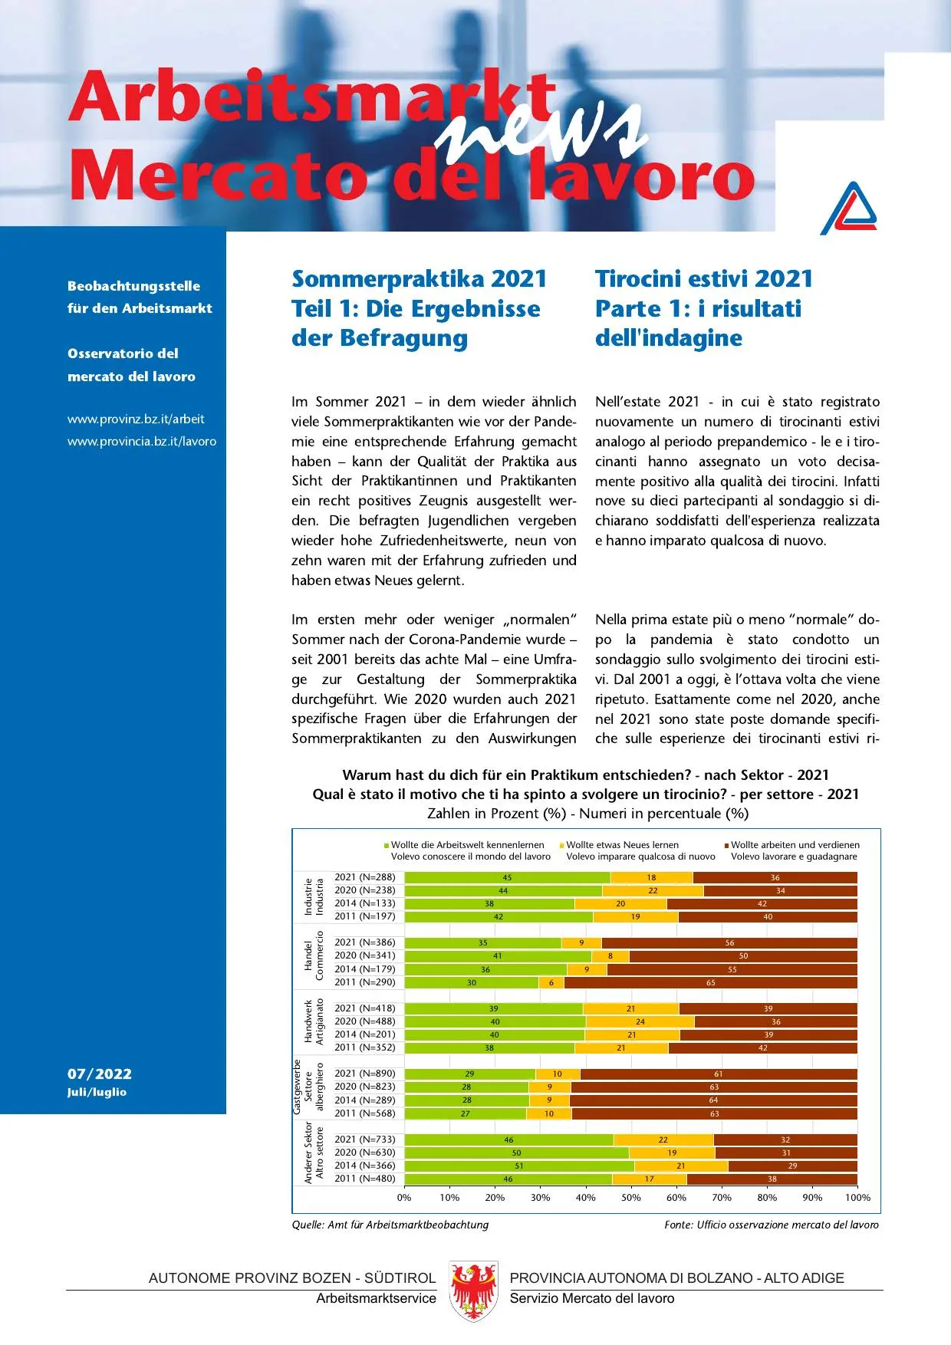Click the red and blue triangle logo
pyautogui.click(x=850, y=209)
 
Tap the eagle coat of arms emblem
pyautogui.click(x=474, y=1291)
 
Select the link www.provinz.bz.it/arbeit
pyautogui.click(x=136, y=419)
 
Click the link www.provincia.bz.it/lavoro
pyautogui.click(x=142, y=441)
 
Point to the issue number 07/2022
pyautogui.click(x=100, y=1074)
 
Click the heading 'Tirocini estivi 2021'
pyautogui.click(x=703, y=278)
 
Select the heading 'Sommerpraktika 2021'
pyautogui.click(x=419, y=278)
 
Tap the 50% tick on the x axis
pyautogui.click(x=630, y=1197)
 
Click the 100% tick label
pyautogui.click(x=857, y=1197)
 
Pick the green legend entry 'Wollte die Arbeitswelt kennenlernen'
pyautogui.click(x=467, y=844)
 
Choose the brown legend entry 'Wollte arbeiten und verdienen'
pyautogui.click(x=795, y=844)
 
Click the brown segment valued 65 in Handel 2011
pyautogui.click(x=710, y=982)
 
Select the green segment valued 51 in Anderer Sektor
pyautogui.click(x=519, y=1166)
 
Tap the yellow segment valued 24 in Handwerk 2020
pyautogui.click(x=640, y=1021)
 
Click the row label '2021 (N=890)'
pyautogui.click(x=365, y=1074)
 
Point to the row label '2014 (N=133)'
pyautogui.click(x=365, y=903)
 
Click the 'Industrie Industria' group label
pyautogui.click(x=314, y=896)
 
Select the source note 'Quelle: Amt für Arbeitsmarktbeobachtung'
pyautogui.click(x=390, y=1225)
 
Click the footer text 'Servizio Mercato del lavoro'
pyautogui.click(x=591, y=1298)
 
